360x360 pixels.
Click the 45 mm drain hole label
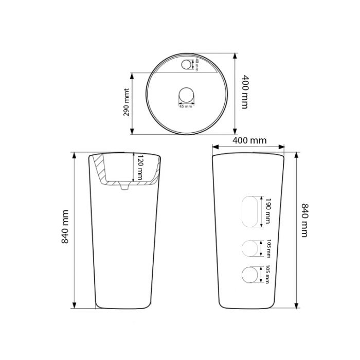tap(186, 106)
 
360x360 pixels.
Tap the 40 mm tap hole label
tap(196, 65)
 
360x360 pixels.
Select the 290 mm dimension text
tap(127, 102)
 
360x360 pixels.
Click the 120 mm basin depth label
tap(140, 168)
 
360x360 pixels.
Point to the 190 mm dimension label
tap(267, 211)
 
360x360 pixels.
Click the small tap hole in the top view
tap(186, 64)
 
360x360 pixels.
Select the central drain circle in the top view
tap(186, 95)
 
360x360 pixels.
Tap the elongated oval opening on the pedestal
tap(250, 211)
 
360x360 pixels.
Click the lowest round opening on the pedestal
tap(250, 275)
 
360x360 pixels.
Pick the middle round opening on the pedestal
tap(250, 248)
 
